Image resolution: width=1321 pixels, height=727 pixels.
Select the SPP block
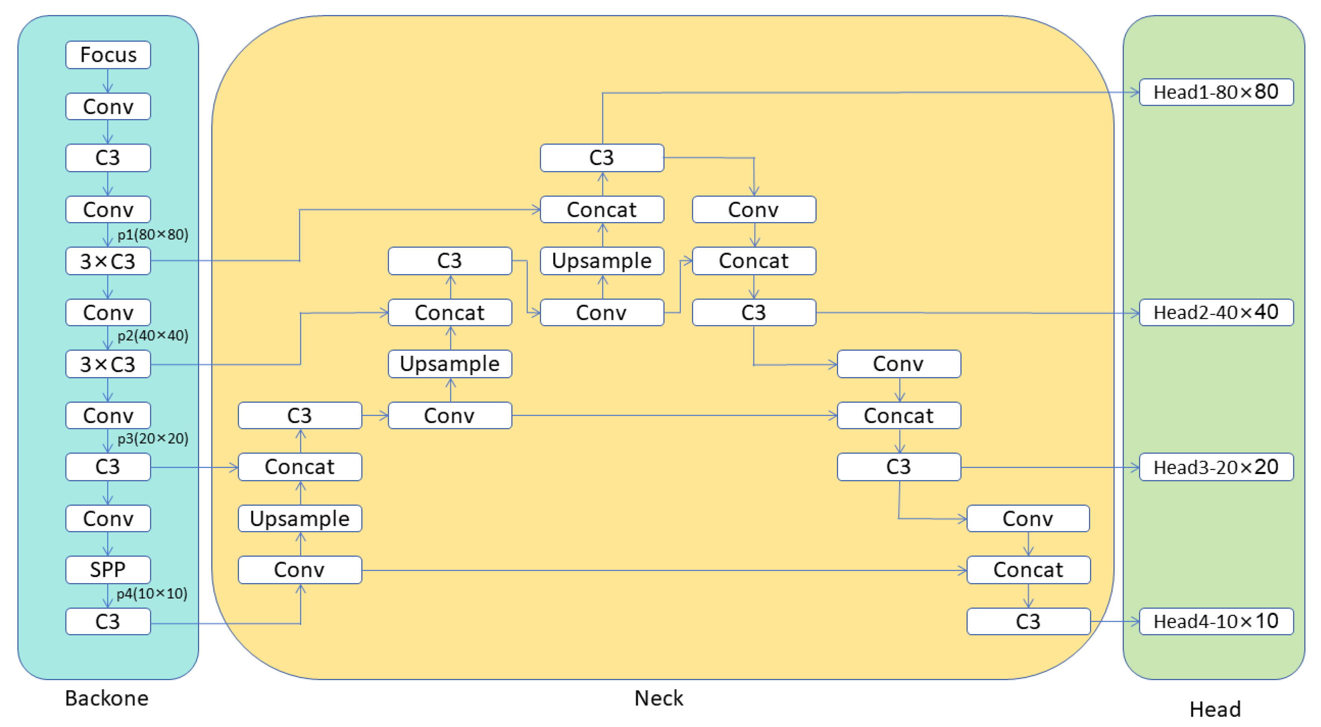(108, 570)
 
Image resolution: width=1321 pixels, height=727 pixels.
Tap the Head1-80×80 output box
(1216, 92)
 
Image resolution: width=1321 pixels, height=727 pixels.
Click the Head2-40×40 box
(1216, 312)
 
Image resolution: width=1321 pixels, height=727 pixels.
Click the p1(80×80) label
(153, 235)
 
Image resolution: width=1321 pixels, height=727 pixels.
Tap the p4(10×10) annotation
(152, 594)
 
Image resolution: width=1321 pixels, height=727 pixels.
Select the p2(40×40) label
(153, 336)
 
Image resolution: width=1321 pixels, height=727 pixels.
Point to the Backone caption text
(107, 698)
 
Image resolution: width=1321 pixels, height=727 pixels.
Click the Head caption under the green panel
(1215, 710)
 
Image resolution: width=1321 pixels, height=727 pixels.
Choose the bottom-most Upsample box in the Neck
(300, 518)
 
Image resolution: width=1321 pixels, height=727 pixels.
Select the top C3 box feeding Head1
(602, 158)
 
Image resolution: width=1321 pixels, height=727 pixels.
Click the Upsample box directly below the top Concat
(602, 261)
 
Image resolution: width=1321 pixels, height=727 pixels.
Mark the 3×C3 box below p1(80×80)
(108, 261)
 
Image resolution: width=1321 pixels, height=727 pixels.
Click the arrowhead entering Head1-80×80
(1135, 92)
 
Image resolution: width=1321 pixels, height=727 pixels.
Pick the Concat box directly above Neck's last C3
(1028, 570)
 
